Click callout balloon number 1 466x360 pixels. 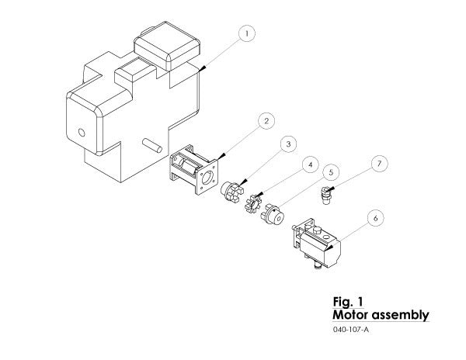[246, 33]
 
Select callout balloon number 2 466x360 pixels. [266, 121]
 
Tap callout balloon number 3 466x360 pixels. [287, 144]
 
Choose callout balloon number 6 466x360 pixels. [375, 218]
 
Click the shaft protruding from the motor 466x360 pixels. [151, 144]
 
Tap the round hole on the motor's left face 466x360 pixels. [82, 131]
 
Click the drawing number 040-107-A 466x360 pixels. [350, 331]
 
